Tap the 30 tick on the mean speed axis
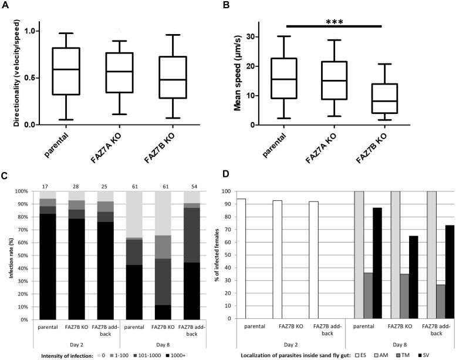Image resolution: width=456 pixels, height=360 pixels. tap(261, 37)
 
